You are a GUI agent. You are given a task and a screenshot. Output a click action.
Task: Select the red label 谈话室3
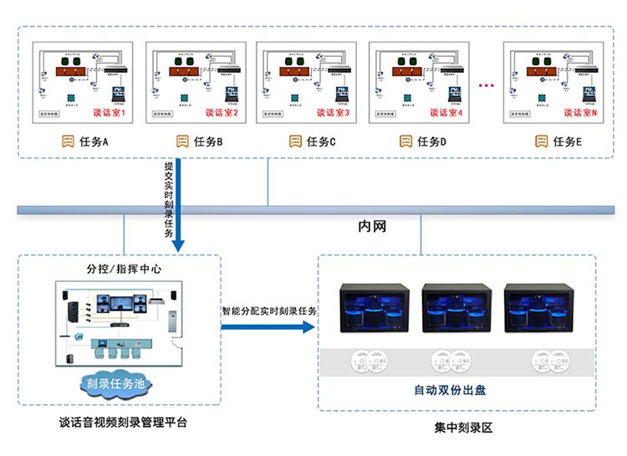(x=334, y=113)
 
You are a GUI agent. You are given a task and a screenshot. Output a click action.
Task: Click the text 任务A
(x=94, y=142)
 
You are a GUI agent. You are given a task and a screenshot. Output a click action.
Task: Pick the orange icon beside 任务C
(x=295, y=142)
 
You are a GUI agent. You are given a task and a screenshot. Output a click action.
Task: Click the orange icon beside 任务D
(x=406, y=142)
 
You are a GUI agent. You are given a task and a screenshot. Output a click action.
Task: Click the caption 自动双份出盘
(x=454, y=390)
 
